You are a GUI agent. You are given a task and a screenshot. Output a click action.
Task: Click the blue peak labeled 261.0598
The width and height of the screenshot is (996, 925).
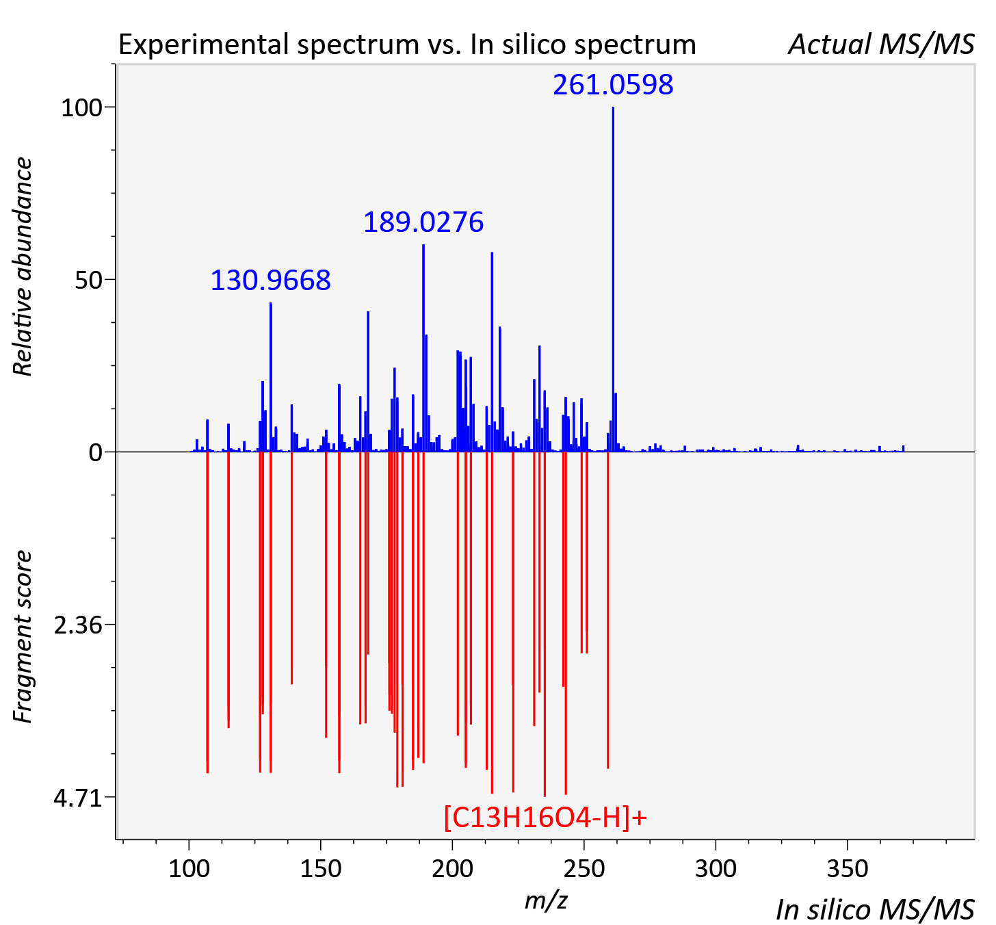tap(613, 279)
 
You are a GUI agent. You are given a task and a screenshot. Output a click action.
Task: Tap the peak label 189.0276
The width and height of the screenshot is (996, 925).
tap(423, 222)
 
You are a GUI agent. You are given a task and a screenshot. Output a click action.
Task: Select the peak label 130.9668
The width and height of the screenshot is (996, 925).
tap(270, 281)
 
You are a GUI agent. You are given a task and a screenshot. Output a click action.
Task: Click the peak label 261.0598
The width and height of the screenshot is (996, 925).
tap(613, 85)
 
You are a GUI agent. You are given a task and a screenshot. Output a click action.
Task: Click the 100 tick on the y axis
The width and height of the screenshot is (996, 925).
tap(81, 108)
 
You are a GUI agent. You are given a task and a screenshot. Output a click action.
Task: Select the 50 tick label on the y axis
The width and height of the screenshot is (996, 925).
tap(89, 281)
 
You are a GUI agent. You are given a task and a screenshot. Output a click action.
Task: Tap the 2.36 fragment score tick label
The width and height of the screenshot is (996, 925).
tap(78, 625)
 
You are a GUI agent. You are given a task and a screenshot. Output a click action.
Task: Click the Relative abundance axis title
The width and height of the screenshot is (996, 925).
tap(23, 266)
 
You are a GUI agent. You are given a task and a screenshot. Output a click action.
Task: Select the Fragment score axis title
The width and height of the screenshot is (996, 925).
tap(23, 636)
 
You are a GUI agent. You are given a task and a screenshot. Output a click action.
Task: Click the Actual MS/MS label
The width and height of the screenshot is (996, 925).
tap(881, 44)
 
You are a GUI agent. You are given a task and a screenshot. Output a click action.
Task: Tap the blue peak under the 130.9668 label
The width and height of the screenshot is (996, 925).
tap(271, 377)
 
